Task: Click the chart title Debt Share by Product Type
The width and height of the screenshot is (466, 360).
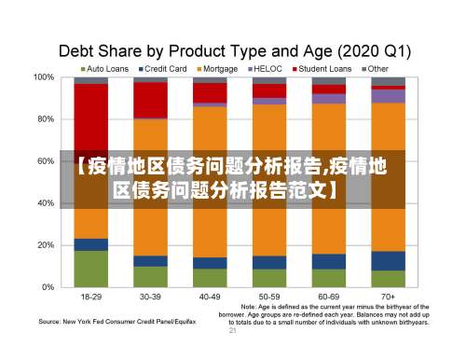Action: (238, 48)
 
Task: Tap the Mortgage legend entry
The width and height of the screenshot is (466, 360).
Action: (218, 68)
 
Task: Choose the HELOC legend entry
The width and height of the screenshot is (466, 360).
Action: (267, 68)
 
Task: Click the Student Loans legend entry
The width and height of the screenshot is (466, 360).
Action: (322, 68)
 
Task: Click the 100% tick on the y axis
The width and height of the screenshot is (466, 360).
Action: (44, 77)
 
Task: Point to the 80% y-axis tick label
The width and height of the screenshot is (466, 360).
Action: (47, 119)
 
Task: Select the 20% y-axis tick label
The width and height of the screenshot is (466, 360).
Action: (47, 245)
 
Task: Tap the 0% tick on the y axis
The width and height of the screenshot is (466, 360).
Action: (49, 287)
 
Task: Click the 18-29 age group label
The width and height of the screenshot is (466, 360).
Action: (91, 297)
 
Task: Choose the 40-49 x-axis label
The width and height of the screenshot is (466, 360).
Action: (210, 297)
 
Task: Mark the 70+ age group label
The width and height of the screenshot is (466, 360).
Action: (388, 297)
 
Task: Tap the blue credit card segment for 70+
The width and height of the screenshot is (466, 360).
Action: (388, 260)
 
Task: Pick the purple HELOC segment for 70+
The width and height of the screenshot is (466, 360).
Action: (388, 95)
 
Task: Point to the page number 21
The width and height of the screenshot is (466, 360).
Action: (233, 329)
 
